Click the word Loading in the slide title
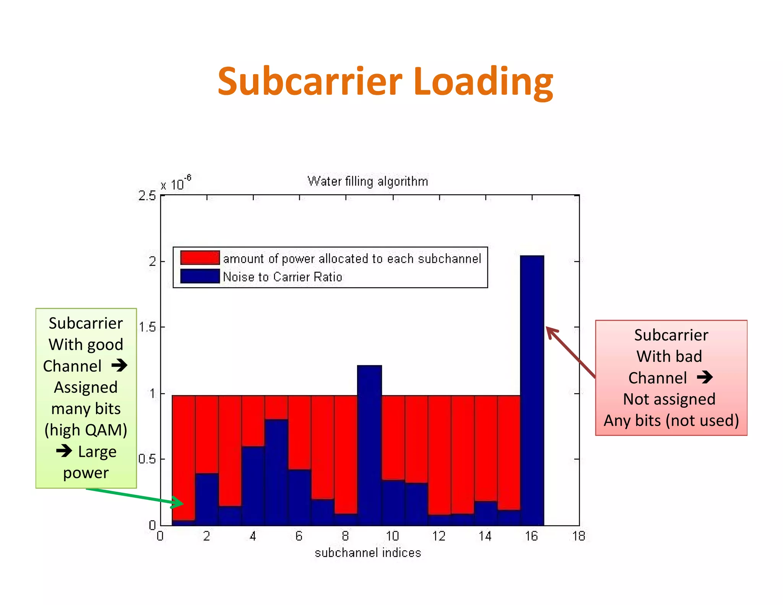point(483,81)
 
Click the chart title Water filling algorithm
point(367,181)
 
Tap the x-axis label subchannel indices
point(368,553)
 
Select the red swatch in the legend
point(200,258)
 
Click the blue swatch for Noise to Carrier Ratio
point(200,276)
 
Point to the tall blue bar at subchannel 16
point(532,390)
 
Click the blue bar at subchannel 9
point(369,444)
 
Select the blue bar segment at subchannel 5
point(276,472)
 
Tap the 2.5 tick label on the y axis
point(147,196)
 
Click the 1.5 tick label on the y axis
point(147,327)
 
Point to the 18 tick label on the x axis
point(579,536)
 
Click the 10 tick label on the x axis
point(392,536)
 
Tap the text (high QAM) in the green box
point(86,430)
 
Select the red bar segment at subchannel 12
point(439,455)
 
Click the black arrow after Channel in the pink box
point(705,377)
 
